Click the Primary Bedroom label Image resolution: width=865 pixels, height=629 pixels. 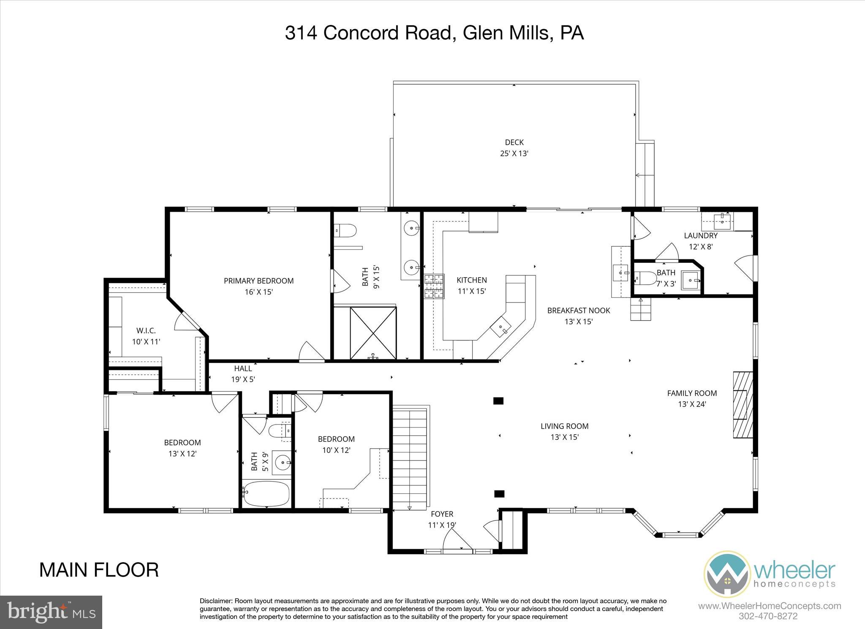[258, 281]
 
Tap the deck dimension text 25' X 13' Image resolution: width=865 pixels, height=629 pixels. [514, 154]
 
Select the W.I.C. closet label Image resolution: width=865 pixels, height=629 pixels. [146, 330]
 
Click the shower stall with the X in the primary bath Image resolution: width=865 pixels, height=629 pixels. [373, 333]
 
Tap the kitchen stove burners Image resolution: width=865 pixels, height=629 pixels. [435, 286]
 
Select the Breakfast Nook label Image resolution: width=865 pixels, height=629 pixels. [579, 310]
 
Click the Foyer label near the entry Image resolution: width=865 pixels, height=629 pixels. [442, 514]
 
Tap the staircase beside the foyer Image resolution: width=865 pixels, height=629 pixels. [410, 456]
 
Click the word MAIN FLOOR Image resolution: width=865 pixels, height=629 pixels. [99, 570]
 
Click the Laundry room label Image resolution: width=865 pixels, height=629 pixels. [701, 236]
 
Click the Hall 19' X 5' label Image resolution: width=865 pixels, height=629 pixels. [243, 374]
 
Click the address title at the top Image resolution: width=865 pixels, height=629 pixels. [434, 33]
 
